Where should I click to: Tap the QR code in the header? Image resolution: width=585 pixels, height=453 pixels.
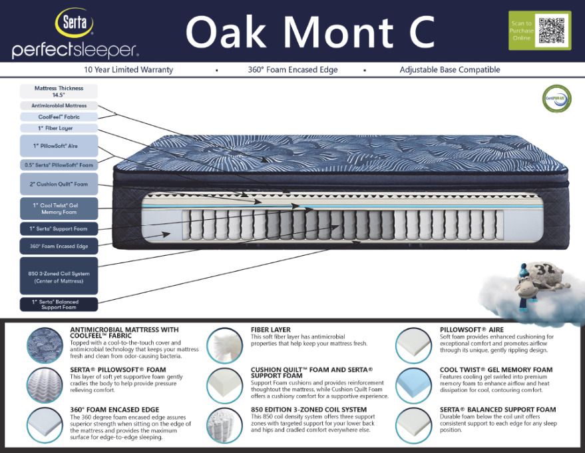(x=552, y=30)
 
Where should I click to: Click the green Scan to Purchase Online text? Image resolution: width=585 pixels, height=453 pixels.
(x=521, y=31)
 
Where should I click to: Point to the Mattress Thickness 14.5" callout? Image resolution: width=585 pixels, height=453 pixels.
(x=59, y=91)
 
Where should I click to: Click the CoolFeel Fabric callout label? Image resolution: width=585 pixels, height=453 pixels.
(x=59, y=117)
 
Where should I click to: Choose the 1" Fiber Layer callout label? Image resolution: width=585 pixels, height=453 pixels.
(x=59, y=128)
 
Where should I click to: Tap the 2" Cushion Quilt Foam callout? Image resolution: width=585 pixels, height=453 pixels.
(x=59, y=184)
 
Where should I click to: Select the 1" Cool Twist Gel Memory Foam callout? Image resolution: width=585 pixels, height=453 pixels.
(x=59, y=209)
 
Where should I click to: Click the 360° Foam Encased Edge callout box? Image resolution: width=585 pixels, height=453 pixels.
(x=59, y=246)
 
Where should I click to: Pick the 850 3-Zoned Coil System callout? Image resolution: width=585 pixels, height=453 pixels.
(x=59, y=276)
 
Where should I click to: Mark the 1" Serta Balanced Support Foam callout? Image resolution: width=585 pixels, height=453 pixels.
(x=59, y=304)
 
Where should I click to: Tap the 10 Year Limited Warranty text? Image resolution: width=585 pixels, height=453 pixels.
(x=128, y=70)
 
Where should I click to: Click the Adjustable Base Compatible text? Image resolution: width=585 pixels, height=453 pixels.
(x=450, y=70)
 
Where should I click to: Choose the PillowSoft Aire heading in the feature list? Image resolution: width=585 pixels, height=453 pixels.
(x=471, y=330)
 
